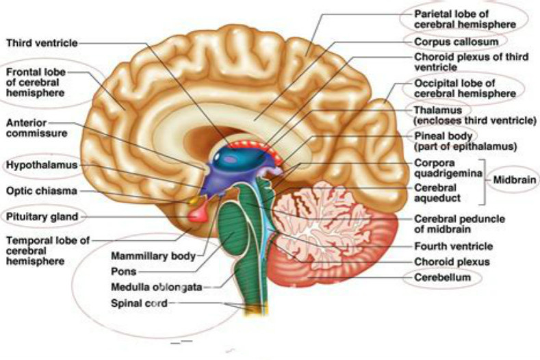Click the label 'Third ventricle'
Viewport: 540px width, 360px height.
click(42, 43)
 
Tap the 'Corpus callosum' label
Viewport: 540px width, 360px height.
click(457, 42)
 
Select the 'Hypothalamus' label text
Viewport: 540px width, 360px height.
click(42, 165)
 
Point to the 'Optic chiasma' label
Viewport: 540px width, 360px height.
click(42, 191)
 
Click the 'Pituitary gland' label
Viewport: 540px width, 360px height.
click(42, 217)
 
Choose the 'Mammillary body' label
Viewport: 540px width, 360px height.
click(153, 256)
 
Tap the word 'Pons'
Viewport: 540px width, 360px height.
click(124, 272)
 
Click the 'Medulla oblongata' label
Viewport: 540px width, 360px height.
click(156, 287)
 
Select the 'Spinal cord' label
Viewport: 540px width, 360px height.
click(139, 303)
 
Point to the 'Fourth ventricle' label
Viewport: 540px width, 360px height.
click(454, 246)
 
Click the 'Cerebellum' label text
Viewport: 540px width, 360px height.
click(443, 277)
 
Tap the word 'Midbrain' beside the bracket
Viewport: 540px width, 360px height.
click(515, 180)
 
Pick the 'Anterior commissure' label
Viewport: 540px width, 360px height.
click(36, 128)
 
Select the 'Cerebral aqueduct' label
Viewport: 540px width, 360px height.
click(437, 193)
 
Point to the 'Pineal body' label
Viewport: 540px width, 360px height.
click(443, 136)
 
